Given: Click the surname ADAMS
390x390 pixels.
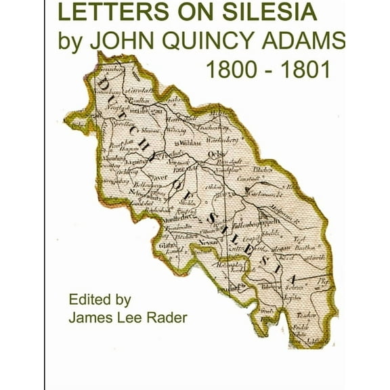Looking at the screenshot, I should click(309, 42).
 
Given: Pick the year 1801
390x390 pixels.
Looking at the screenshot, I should click(305, 70).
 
